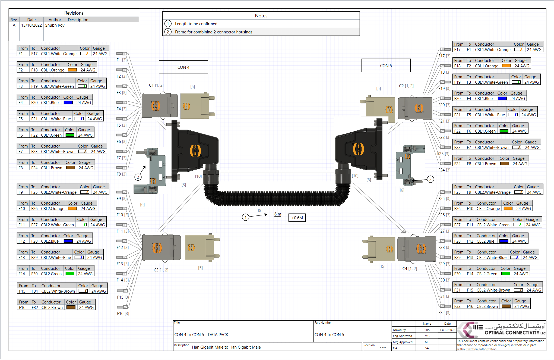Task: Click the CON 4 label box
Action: pos(183,67)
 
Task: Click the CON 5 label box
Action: pos(386,65)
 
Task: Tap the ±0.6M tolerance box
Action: pos(297,218)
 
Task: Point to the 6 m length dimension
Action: pos(278,214)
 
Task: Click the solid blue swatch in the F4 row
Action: pos(68,102)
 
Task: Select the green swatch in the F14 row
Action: pos(70,274)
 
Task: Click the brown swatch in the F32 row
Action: pos(506,306)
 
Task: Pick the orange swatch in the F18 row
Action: pos(506,66)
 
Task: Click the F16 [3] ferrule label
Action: pos(123,313)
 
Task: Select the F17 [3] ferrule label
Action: pos(444,56)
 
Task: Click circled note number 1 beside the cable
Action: pos(245,217)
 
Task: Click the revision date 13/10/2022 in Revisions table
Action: pos(31,25)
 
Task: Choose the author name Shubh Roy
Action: pos(55,25)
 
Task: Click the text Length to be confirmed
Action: pos(196,24)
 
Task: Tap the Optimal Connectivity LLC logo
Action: pos(501,330)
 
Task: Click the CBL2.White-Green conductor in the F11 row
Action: pos(57,225)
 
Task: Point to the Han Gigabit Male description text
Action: pos(226,347)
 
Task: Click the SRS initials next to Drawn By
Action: pos(427,330)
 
